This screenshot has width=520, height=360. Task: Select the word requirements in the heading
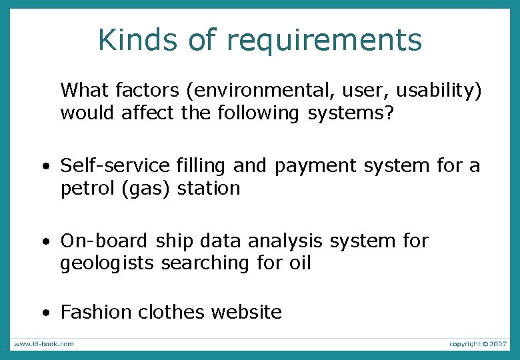[324, 41]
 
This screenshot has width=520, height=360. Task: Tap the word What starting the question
[85, 89]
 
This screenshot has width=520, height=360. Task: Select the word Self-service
[116, 165]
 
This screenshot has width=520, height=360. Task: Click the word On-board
[101, 240]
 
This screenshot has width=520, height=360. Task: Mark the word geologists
[107, 263]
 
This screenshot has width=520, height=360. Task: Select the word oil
[299, 263]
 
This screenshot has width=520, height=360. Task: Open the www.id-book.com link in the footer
[44, 344]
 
